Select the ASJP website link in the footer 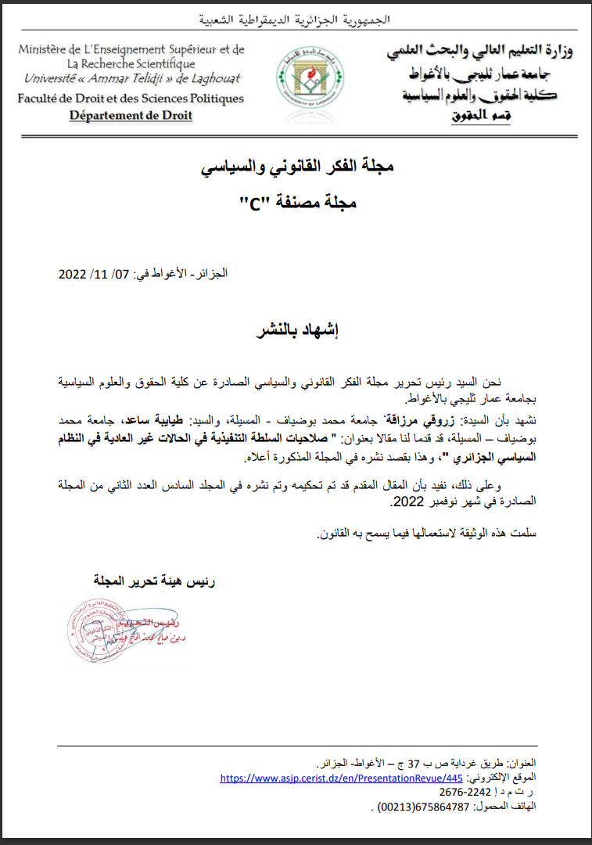(342, 778)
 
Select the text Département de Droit (131, 116)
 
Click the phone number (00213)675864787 (413, 807)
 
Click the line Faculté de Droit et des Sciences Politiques (131, 99)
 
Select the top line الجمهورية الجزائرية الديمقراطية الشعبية (295, 18)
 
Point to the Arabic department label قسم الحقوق (480, 116)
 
